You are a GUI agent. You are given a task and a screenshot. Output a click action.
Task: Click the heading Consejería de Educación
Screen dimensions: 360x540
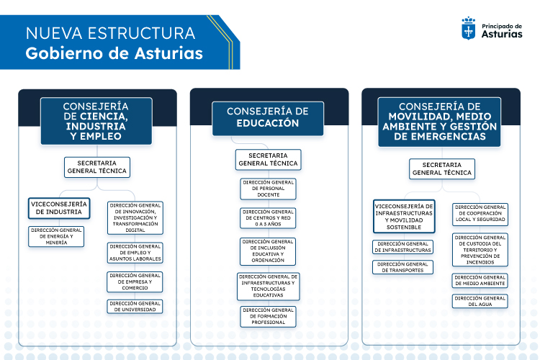coord(268,117)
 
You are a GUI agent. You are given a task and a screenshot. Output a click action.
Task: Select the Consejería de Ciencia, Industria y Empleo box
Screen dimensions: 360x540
coord(96,120)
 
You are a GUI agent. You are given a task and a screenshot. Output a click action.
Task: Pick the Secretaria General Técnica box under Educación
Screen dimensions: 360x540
coord(268,160)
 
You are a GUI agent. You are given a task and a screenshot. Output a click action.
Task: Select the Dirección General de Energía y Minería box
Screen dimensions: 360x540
coord(57,236)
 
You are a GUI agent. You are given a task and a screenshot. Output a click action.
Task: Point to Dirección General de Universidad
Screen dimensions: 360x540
coord(135,307)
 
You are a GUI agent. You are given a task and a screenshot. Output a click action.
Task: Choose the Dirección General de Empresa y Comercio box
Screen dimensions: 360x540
coord(135,282)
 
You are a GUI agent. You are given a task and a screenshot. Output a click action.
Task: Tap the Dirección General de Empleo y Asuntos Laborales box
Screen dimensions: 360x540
coord(135,253)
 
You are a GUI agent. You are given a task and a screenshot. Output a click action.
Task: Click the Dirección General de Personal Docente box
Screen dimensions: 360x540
coord(268,189)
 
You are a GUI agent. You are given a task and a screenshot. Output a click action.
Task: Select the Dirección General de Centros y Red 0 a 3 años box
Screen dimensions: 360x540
coord(268,218)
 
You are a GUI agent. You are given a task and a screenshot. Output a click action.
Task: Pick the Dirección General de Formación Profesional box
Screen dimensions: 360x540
coord(268,317)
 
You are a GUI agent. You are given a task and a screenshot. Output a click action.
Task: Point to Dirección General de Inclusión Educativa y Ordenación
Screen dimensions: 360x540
coord(268,251)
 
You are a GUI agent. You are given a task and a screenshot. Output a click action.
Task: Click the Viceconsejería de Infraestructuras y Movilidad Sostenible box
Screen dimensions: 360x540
coord(404,217)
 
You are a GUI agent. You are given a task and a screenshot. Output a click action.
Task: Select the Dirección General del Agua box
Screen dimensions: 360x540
coord(480,301)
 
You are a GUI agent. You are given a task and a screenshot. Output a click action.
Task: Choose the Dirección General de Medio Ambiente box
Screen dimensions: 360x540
coord(480,280)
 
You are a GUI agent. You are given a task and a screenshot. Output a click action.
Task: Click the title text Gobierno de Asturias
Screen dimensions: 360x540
coord(114,54)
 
